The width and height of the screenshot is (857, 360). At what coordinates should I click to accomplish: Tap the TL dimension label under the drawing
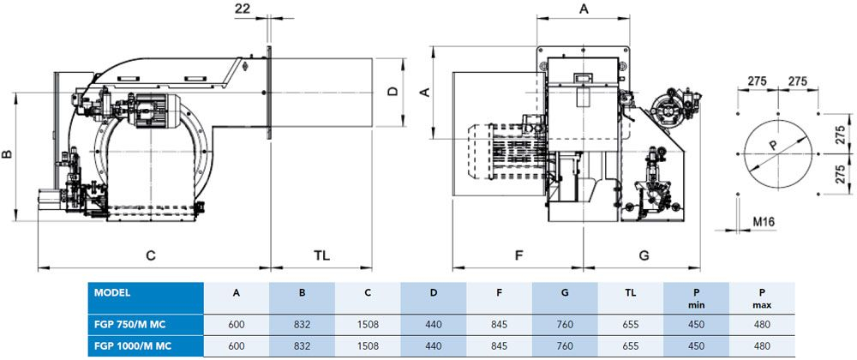pos(321,255)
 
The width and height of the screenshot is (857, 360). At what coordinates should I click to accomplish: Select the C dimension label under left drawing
pos(150,255)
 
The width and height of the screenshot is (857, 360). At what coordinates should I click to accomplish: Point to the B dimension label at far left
pos(7,155)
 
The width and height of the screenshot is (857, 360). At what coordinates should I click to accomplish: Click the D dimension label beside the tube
pos(392,91)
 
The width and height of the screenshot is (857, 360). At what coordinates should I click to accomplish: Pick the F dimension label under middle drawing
pos(518,255)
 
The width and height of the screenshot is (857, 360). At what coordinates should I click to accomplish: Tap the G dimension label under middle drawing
pos(644,255)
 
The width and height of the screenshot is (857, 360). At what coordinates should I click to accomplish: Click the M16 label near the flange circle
pos(764,222)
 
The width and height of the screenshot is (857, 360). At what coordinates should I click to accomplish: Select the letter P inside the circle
pos(772,146)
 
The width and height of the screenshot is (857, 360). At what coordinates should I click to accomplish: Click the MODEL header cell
pos(113,292)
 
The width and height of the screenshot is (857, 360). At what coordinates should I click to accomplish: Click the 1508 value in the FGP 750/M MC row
pos(368,325)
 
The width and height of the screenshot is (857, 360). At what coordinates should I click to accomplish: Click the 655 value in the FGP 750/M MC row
pos(630,325)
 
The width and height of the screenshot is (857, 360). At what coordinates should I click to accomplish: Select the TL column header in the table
pos(630,292)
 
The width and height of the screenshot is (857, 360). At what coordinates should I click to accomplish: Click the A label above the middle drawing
pos(584,9)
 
